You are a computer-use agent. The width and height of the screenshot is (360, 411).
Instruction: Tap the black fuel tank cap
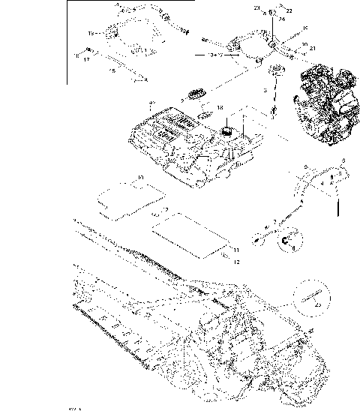coord(225,131)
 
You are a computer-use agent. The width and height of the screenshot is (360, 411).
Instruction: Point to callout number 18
coord(220,108)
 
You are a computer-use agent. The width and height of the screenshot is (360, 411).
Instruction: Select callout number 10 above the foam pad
coord(140,178)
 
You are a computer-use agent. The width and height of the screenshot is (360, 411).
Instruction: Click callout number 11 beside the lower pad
coord(235,249)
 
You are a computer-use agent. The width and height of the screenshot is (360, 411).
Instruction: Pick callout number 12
coord(235,262)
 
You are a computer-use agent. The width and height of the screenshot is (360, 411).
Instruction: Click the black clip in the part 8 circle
coord(289,241)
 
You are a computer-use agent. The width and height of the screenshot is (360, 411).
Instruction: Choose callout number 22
coord(290,10)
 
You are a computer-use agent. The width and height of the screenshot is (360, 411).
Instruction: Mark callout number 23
coord(256,8)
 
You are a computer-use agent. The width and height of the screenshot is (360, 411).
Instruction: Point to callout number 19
coord(91,34)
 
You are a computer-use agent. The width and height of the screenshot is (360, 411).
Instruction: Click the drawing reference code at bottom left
coord(73,408)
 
